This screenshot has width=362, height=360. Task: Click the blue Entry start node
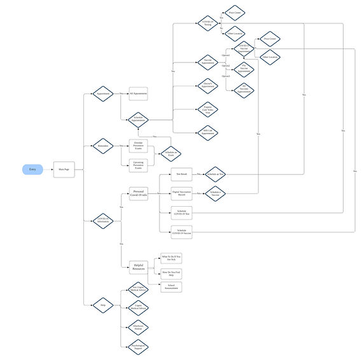click(32, 169)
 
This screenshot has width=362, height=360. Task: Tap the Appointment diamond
click(103, 93)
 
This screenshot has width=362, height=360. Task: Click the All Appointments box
click(138, 93)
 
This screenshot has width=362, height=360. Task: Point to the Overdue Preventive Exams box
click(138, 145)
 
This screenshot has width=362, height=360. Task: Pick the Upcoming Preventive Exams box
click(138, 164)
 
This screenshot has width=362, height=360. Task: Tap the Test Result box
click(181, 174)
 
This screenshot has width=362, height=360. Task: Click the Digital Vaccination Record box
click(181, 193)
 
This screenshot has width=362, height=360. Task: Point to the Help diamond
click(103, 305)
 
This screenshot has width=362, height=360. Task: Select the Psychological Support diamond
click(138, 346)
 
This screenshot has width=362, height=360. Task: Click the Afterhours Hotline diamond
click(138, 327)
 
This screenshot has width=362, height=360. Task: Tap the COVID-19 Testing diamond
click(206, 24)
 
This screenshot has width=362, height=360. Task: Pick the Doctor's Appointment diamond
click(206, 84)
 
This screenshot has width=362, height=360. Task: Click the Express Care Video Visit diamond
click(206, 109)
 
